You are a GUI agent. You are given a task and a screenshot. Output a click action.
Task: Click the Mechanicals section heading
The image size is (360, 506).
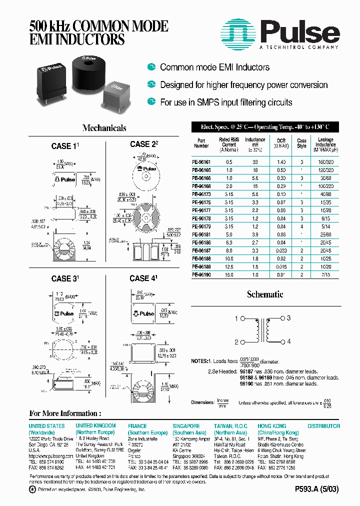104,128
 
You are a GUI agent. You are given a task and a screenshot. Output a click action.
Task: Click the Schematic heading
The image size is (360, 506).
265,294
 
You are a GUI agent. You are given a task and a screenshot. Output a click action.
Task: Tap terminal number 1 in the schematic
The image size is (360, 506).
236,318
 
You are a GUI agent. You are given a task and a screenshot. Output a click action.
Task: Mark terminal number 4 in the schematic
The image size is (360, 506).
288,342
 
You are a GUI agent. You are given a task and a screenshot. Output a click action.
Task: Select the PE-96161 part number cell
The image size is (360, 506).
201,162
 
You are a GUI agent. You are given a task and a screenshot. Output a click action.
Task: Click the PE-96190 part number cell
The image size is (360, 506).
201,274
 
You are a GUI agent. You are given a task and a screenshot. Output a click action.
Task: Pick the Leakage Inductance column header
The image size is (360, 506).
325,144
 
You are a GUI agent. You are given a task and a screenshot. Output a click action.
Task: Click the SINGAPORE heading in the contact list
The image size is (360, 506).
186,426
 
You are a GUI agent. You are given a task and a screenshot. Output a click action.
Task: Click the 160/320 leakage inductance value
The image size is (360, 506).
325,162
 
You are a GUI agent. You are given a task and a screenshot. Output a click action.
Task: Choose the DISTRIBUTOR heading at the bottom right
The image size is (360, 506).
323,426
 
